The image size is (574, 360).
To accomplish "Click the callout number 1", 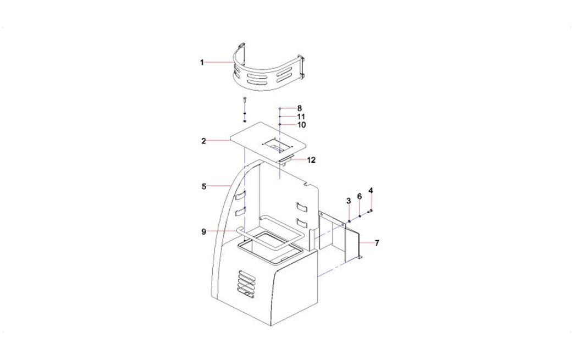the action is [202, 63].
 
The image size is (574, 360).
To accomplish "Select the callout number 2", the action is [203, 141].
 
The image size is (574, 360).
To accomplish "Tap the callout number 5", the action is [203, 186].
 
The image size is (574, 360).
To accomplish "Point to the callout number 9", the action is [203, 231].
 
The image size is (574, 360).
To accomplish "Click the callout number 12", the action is [311, 160].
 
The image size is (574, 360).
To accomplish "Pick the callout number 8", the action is [300, 108].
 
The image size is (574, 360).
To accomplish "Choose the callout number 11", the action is [301, 117].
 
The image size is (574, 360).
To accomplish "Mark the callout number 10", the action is [301, 125].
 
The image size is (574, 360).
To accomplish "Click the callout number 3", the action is [349, 201].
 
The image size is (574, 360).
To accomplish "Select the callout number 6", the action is [360, 197].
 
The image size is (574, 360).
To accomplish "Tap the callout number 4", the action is [371, 191].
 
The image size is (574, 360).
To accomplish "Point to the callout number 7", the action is [377, 243].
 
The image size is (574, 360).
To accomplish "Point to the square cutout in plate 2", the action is [278, 144].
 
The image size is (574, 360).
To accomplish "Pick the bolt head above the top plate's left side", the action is [245, 99].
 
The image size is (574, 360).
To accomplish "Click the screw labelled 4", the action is [371, 211].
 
